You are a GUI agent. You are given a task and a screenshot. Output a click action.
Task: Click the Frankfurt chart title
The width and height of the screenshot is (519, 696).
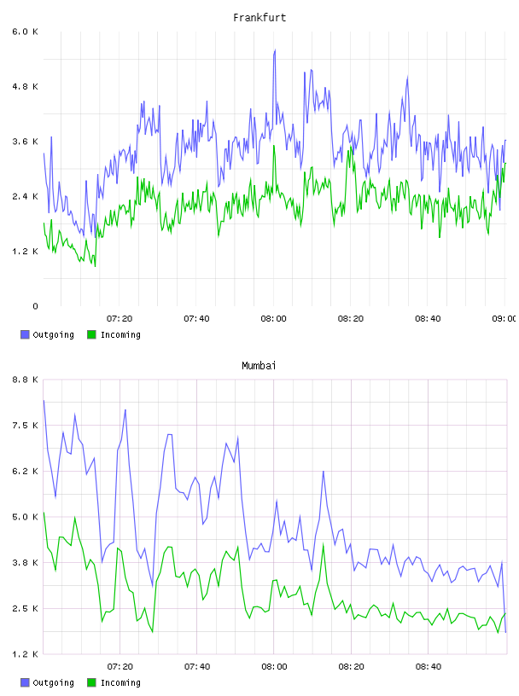(x=259, y=18)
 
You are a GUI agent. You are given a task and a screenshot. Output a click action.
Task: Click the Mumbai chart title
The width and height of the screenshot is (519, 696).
(x=259, y=366)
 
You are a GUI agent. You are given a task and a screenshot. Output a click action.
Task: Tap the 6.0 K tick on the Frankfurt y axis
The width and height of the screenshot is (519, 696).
(x=25, y=32)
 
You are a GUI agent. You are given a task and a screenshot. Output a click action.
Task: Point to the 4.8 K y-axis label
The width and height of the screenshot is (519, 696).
(x=25, y=86)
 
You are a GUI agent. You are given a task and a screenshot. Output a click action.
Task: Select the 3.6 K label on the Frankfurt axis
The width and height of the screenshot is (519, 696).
(x=25, y=142)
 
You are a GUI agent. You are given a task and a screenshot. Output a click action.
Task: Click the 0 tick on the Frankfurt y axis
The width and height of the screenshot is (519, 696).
(x=35, y=306)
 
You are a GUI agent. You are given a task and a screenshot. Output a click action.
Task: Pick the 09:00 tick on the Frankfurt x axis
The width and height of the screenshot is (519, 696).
(x=504, y=319)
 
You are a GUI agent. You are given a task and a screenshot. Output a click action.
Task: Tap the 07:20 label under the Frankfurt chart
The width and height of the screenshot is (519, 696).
(x=120, y=319)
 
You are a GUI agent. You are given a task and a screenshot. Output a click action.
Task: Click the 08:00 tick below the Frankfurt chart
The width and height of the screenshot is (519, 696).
(x=274, y=319)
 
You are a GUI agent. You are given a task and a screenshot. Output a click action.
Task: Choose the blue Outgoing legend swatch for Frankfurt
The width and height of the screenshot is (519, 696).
(x=25, y=334)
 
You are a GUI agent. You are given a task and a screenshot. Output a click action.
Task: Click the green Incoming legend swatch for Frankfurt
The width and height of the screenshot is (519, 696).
(x=91, y=334)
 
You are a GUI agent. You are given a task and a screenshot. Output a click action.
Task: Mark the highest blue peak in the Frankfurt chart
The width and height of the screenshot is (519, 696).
(x=275, y=50)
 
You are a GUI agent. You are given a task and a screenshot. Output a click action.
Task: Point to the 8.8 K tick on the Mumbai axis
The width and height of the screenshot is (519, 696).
(x=25, y=380)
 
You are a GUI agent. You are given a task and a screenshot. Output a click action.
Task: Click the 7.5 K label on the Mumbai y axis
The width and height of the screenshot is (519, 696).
(x=25, y=426)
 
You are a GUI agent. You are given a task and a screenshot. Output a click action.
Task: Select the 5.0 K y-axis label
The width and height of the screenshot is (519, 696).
(x=25, y=517)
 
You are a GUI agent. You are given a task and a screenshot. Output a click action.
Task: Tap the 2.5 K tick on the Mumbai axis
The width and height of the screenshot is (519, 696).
(x=25, y=608)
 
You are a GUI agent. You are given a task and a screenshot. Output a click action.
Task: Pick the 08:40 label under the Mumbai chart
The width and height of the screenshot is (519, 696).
(x=429, y=667)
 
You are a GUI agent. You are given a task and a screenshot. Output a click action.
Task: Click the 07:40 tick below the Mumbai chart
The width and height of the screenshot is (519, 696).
(x=197, y=667)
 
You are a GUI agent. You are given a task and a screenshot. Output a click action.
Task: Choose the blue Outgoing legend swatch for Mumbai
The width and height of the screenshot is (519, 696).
(x=25, y=682)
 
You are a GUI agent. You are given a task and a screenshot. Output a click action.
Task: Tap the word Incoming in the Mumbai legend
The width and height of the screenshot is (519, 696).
(x=120, y=683)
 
